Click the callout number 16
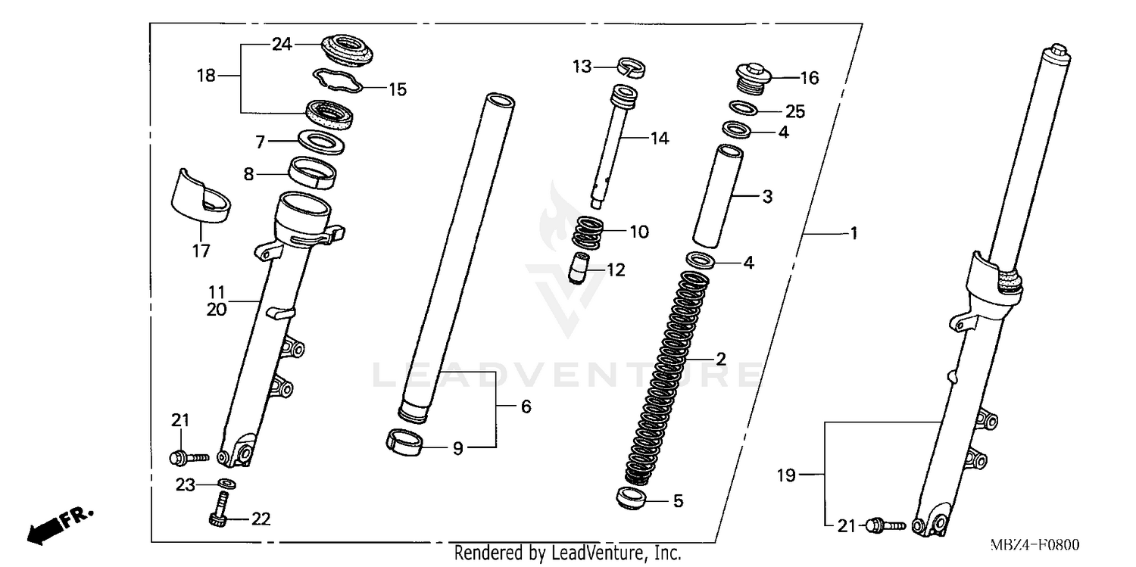coord(810,78)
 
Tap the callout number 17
coord(201,251)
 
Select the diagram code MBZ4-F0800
coord(1038,545)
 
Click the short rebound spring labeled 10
coord(591,232)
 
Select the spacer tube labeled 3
coord(717,196)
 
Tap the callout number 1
coord(854,234)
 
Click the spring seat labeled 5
coord(632,500)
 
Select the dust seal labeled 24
coord(348,49)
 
